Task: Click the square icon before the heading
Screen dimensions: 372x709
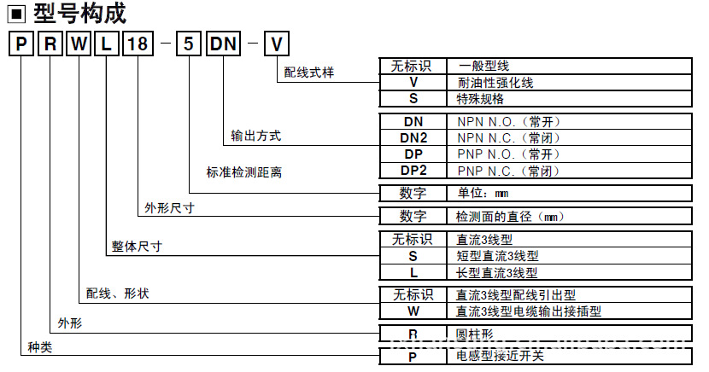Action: click(18, 15)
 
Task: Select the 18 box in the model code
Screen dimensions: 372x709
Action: click(136, 44)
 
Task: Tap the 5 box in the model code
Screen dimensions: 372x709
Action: click(186, 44)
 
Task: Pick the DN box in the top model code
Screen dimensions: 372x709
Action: click(224, 44)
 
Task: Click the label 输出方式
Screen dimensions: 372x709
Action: click(256, 136)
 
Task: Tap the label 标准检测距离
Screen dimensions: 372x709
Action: click(243, 172)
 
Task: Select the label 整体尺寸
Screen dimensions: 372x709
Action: click(137, 246)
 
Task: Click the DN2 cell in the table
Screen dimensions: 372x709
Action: click(413, 137)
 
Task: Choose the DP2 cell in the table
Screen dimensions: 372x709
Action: click(413, 170)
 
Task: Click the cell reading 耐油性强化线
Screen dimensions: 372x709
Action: click(496, 82)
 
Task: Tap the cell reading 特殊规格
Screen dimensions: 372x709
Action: click(480, 98)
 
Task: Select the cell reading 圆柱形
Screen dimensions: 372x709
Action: click(474, 334)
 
